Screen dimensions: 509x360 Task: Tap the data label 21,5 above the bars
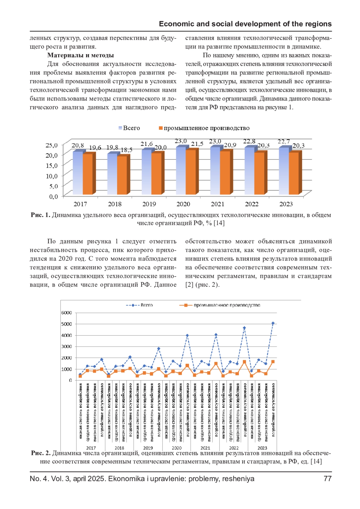click(x=197, y=144)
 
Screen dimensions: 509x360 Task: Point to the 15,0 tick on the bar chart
click(x=52, y=165)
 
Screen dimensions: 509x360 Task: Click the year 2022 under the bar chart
click(x=251, y=204)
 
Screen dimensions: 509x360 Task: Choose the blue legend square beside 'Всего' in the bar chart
click(x=120, y=128)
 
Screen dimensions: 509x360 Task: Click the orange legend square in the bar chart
click(x=161, y=128)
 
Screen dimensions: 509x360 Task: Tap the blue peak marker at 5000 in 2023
click(x=273, y=323)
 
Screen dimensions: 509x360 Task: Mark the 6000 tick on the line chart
click(x=66, y=313)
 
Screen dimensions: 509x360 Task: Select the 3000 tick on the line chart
click(x=66, y=347)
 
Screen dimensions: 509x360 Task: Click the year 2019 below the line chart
click(x=148, y=448)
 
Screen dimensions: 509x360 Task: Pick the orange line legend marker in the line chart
click(x=186, y=305)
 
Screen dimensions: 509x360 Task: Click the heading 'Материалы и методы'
click(x=80, y=55)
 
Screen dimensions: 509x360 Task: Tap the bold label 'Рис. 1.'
click(x=40, y=215)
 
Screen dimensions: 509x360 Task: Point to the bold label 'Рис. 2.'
click(x=40, y=453)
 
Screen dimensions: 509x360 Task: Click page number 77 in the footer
click(x=328, y=479)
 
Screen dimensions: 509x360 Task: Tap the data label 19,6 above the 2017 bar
click(x=95, y=148)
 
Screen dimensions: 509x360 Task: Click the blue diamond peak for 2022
click(x=244, y=328)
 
